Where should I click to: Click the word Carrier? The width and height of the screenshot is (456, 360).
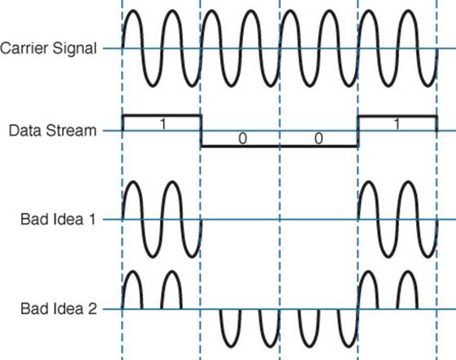pos(24,48)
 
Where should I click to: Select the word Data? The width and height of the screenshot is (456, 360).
pos(24,131)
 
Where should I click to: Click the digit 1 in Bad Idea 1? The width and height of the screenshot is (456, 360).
pos(93,219)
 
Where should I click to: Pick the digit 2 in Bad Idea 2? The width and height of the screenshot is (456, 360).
pos(92,309)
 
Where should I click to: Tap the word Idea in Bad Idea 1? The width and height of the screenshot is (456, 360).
pos(69,219)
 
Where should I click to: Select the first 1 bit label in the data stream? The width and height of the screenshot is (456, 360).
pos(163,124)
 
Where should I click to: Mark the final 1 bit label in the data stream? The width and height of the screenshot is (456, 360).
pos(397,124)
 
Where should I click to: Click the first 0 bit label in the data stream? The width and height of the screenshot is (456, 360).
pos(243,138)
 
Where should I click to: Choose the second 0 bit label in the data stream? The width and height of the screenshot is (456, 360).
pos(319,138)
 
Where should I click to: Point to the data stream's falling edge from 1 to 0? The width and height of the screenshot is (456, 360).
pos(201,131)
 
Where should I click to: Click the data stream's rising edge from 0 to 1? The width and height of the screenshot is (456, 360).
pos(358,131)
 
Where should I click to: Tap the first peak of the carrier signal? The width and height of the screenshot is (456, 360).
pos(133,11)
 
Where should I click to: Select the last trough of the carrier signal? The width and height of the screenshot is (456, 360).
pos(427,85)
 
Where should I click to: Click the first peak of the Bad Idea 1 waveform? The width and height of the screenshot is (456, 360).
pos(133,183)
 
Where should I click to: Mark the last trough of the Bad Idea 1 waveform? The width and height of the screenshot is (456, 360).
pos(427,256)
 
